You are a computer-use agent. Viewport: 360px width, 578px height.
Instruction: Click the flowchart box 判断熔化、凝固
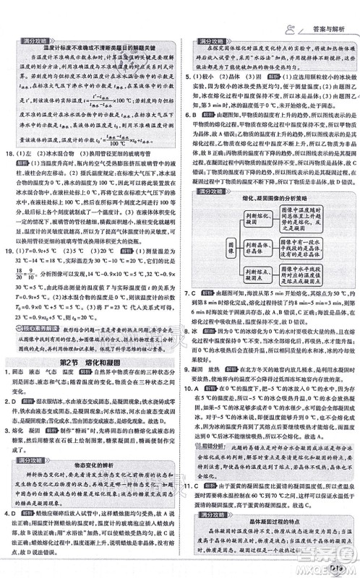[x=267, y=217]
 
